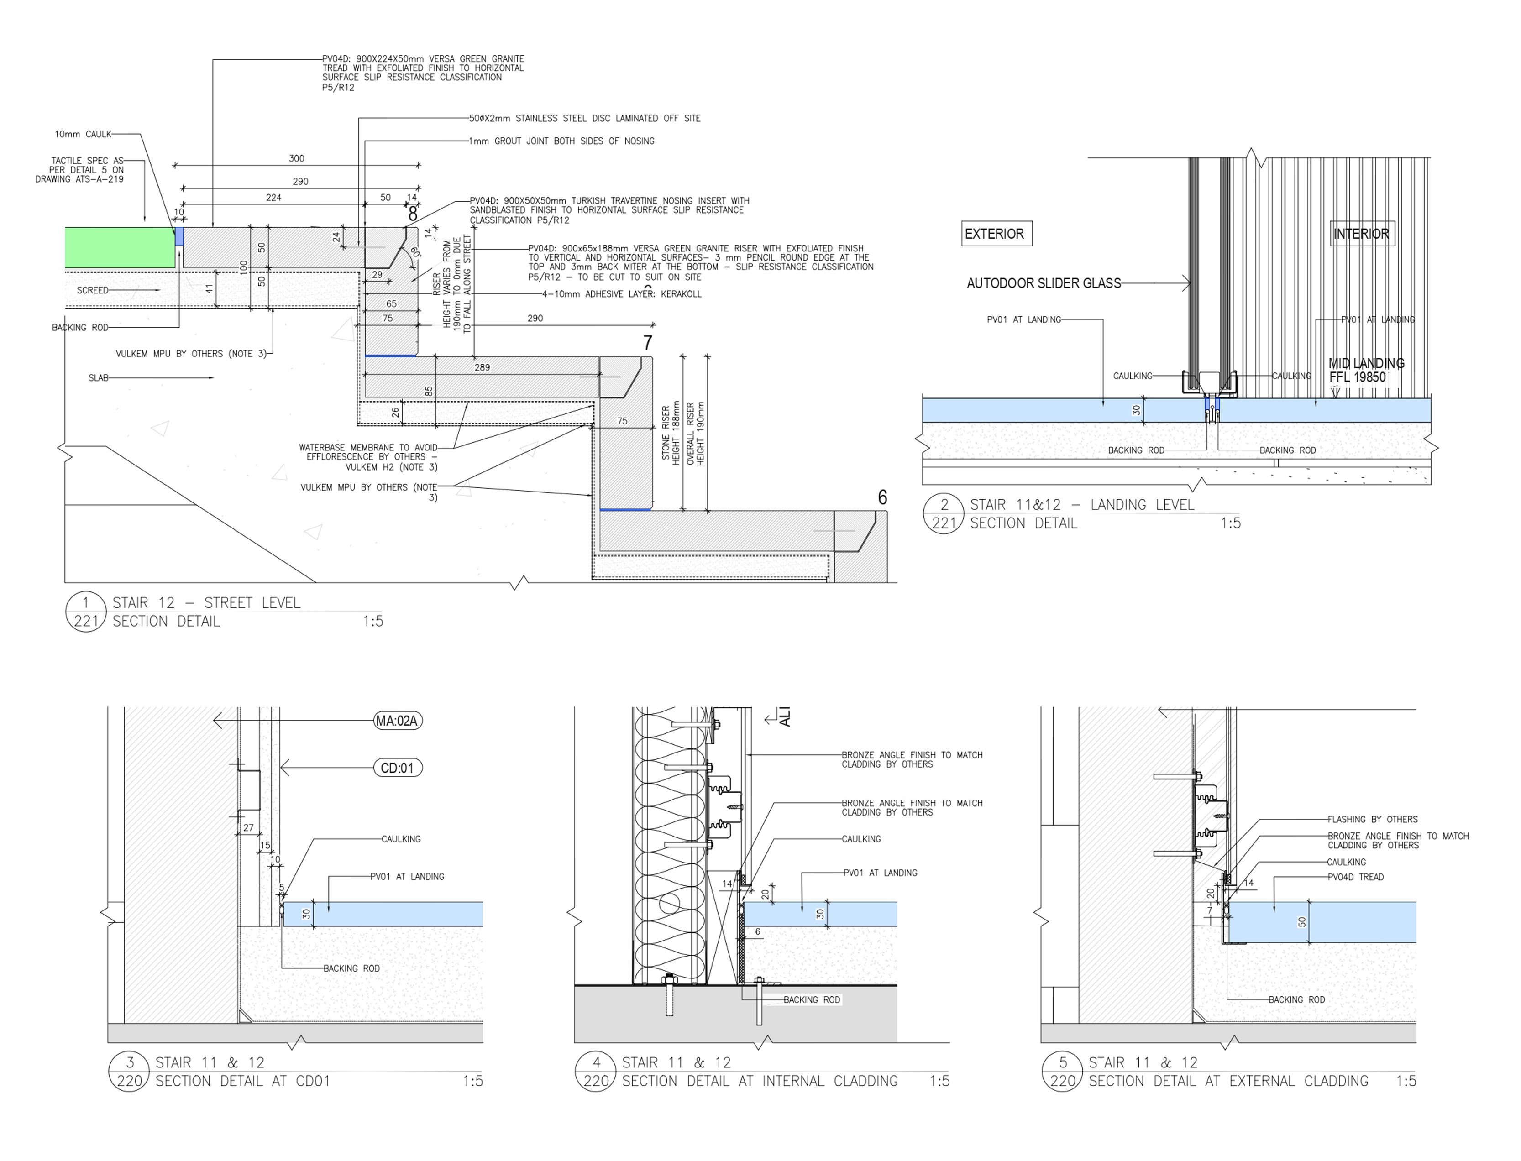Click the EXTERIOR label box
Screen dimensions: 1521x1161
point(997,234)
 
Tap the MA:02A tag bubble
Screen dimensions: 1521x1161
point(397,721)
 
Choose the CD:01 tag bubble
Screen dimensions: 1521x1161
point(397,768)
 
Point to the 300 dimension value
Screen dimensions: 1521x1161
point(296,158)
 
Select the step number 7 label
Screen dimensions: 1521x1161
point(647,343)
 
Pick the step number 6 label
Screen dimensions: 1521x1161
point(882,497)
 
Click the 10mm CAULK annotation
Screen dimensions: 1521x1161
point(83,134)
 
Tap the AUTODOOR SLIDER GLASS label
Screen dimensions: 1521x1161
point(1044,283)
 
